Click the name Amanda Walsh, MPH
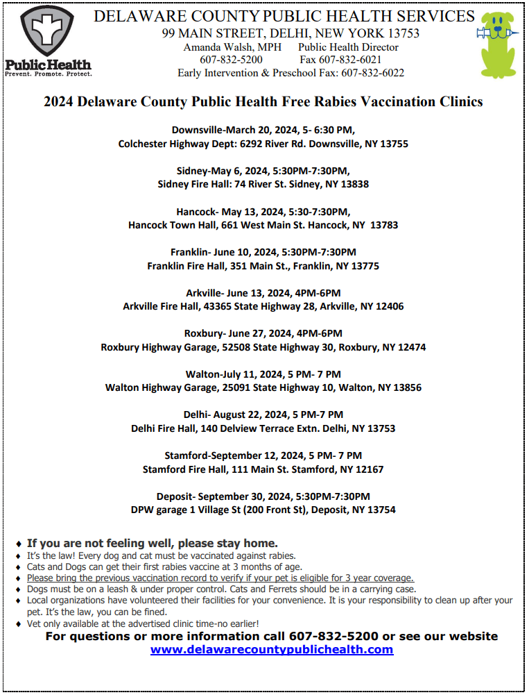tap(228, 47)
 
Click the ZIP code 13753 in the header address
tap(403, 33)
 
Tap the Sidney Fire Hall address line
tap(263, 185)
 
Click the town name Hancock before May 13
tap(196, 212)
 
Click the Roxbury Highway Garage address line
tap(263, 347)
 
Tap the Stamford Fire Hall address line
tap(263, 469)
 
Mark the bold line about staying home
tap(153, 543)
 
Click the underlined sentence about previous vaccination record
tap(220, 578)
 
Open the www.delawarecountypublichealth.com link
tap(272, 650)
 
